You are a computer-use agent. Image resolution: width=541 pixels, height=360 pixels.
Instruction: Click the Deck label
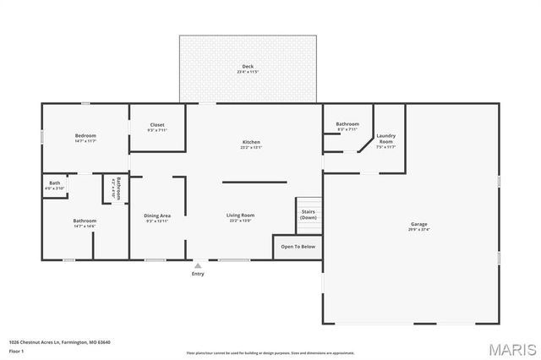coord(248,67)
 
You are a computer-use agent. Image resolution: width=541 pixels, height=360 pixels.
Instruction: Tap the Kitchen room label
coord(251,142)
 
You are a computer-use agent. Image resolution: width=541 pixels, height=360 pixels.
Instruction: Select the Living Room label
coord(240,215)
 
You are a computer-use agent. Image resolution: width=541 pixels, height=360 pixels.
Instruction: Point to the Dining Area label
coord(157,215)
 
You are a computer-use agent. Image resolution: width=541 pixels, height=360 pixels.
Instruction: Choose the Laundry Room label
coord(386,138)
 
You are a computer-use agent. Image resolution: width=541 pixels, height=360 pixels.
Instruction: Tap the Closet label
coord(157,125)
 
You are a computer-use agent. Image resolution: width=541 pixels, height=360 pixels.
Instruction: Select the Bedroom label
coord(85,135)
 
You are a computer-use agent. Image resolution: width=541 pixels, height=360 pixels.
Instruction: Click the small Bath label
coord(54,183)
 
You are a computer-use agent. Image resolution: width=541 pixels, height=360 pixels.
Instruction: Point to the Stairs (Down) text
coord(308,214)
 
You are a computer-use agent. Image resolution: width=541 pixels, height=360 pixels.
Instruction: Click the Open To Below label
coord(298,247)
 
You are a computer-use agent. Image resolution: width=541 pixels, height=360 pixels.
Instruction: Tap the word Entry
coord(198,274)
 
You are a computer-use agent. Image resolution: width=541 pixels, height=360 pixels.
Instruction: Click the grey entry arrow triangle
coord(198,265)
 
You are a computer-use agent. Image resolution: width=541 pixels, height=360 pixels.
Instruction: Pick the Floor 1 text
coord(17,351)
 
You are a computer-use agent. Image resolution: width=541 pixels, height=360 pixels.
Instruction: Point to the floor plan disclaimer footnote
coord(270,352)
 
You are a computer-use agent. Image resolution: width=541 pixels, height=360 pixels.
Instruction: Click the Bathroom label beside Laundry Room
coord(347,124)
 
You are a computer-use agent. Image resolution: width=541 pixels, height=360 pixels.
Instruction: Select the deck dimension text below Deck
coord(248,73)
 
